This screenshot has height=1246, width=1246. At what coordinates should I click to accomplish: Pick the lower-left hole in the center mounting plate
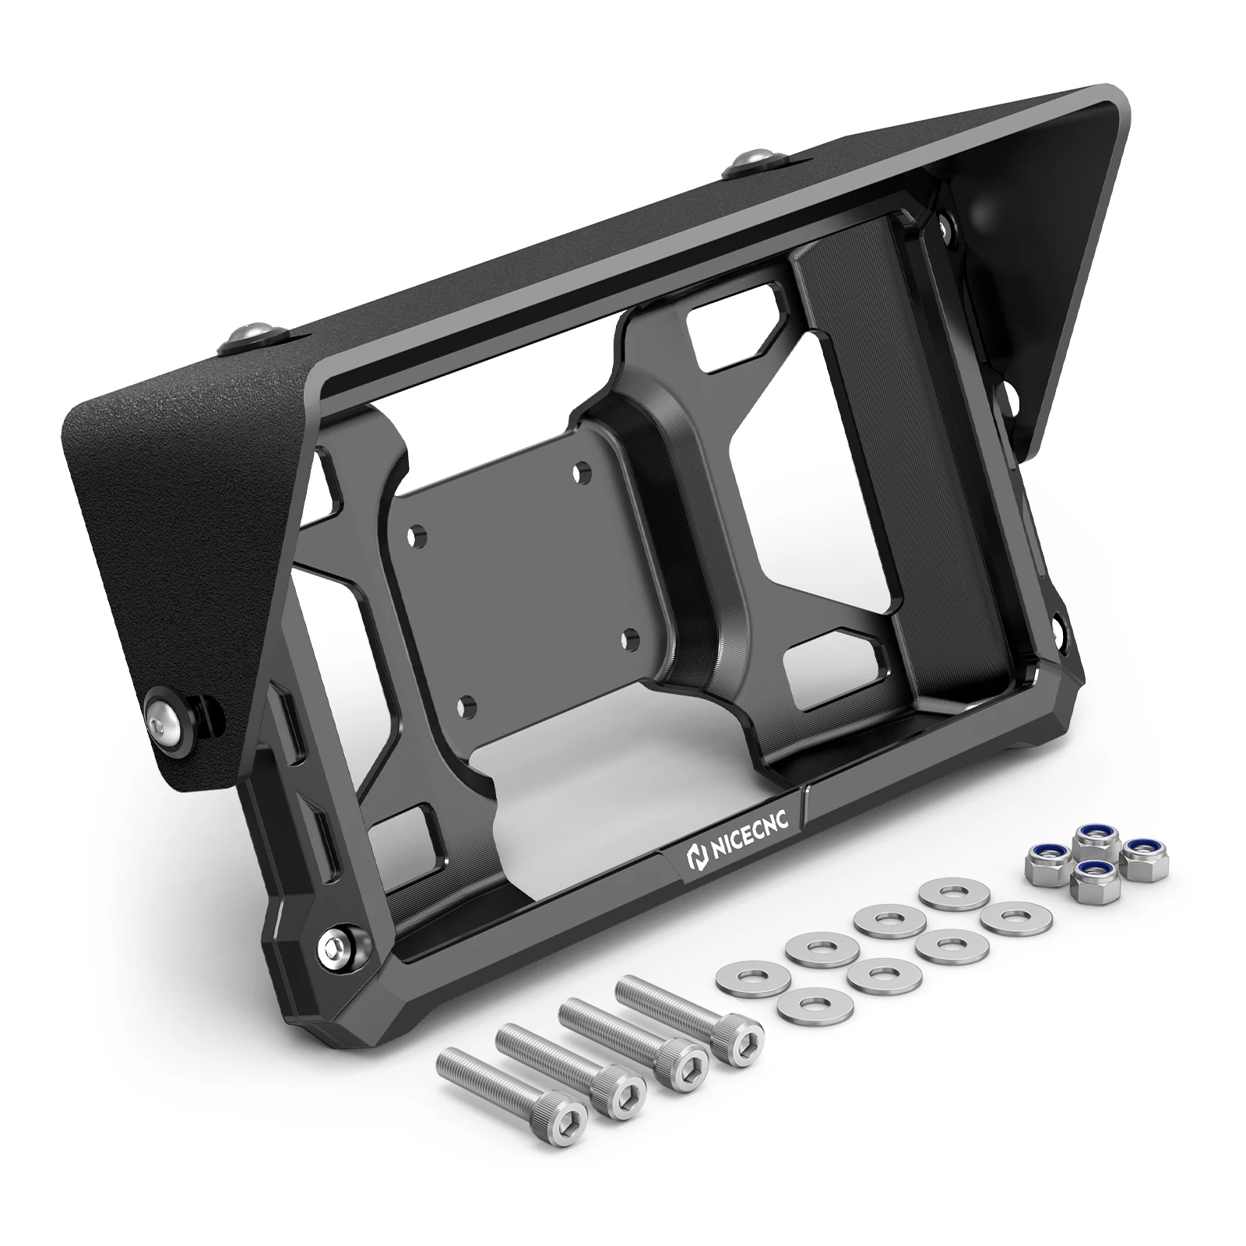(467, 706)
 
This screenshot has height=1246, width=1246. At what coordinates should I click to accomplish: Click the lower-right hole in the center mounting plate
(632, 639)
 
